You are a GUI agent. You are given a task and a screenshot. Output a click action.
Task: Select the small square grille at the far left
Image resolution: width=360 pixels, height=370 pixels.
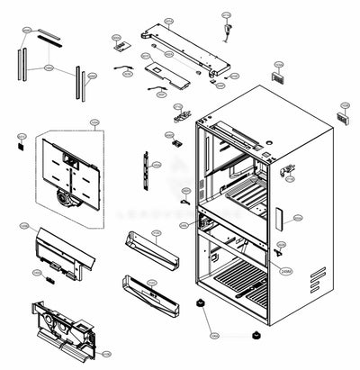pos(21,141)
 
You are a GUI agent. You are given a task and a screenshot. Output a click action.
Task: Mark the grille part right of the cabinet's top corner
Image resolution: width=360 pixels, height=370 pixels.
pos(343,118)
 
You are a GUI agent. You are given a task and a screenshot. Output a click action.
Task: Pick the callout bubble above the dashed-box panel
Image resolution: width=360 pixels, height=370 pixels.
pos(93,122)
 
